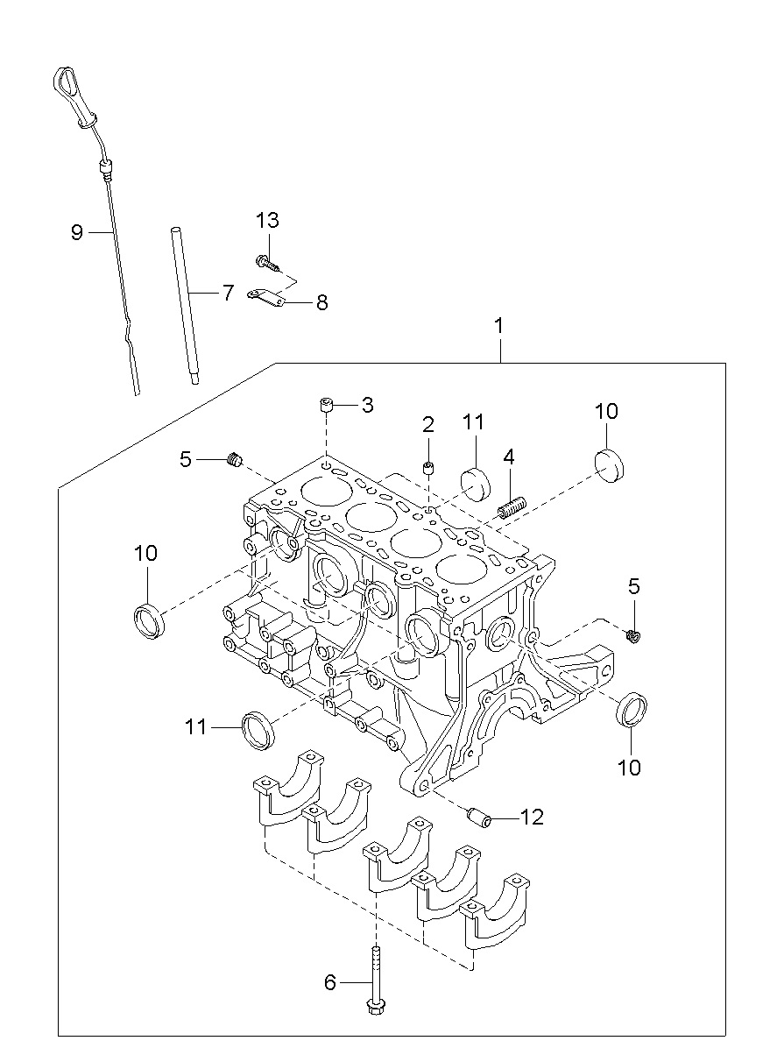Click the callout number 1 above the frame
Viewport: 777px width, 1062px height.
pyautogui.click(x=498, y=326)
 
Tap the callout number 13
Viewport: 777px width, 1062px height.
pyautogui.click(x=267, y=220)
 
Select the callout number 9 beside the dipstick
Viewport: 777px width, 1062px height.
pyautogui.click(x=76, y=232)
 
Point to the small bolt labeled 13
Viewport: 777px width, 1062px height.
pyautogui.click(x=267, y=262)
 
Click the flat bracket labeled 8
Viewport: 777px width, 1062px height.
pyautogui.click(x=266, y=297)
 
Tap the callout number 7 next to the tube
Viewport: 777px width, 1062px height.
pyautogui.click(x=229, y=293)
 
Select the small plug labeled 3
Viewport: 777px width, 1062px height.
pyautogui.click(x=326, y=406)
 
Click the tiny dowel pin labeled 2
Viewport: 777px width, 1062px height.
pyautogui.click(x=428, y=468)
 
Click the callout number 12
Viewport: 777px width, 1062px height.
pyautogui.click(x=532, y=817)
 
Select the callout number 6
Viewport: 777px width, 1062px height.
pyautogui.click(x=330, y=982)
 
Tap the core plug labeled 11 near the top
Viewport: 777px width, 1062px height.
pyautogui.click(x=476, y=484)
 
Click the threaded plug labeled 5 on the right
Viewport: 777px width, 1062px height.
pyautogui.click(x=632, y=636)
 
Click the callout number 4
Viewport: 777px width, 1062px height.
pyautogui.click(x=509, y=457)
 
